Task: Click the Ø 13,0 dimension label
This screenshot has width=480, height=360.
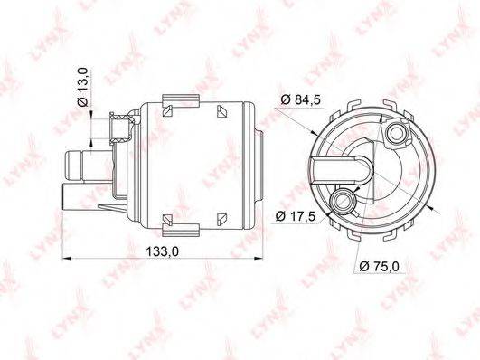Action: click(83, 88)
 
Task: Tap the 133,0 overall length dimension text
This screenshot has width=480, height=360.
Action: click(162, 251)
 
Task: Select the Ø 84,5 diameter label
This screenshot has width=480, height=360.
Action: click(301, 99)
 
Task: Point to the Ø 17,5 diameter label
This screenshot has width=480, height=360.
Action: click(296, 216)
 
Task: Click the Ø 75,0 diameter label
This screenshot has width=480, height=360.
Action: click(380, 266)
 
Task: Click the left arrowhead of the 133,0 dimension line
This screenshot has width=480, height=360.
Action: click(66, 259)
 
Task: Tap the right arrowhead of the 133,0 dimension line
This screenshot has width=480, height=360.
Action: click(259, 259)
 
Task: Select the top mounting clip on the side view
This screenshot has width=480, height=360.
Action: click(181, 100)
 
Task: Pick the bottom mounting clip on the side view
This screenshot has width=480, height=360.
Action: click(181, 231)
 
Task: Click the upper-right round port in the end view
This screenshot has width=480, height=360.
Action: click(396, 133)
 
